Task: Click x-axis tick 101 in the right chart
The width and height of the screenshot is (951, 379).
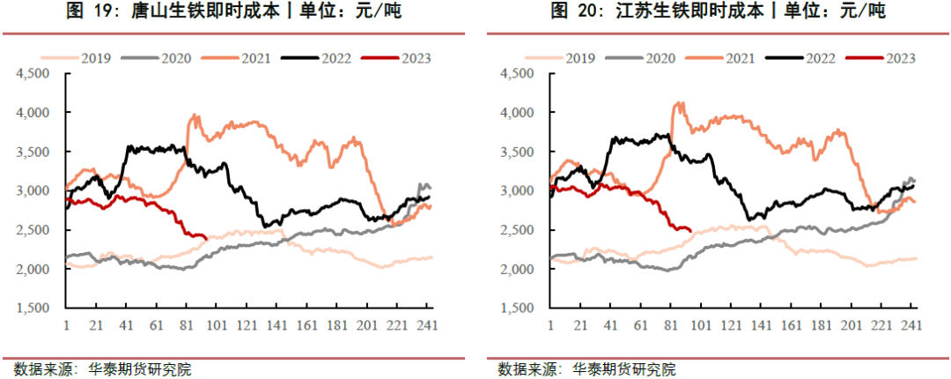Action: pyautogui.click(x=702, y=324)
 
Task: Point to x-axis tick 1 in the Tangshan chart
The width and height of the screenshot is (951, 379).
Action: pyautogui.click(x=67, y=324)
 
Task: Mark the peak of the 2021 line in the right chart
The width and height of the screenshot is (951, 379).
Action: pyautogui.click(x=678, y=103)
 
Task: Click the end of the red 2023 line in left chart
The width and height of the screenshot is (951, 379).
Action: pyautogui.click(x=205, y=237)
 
